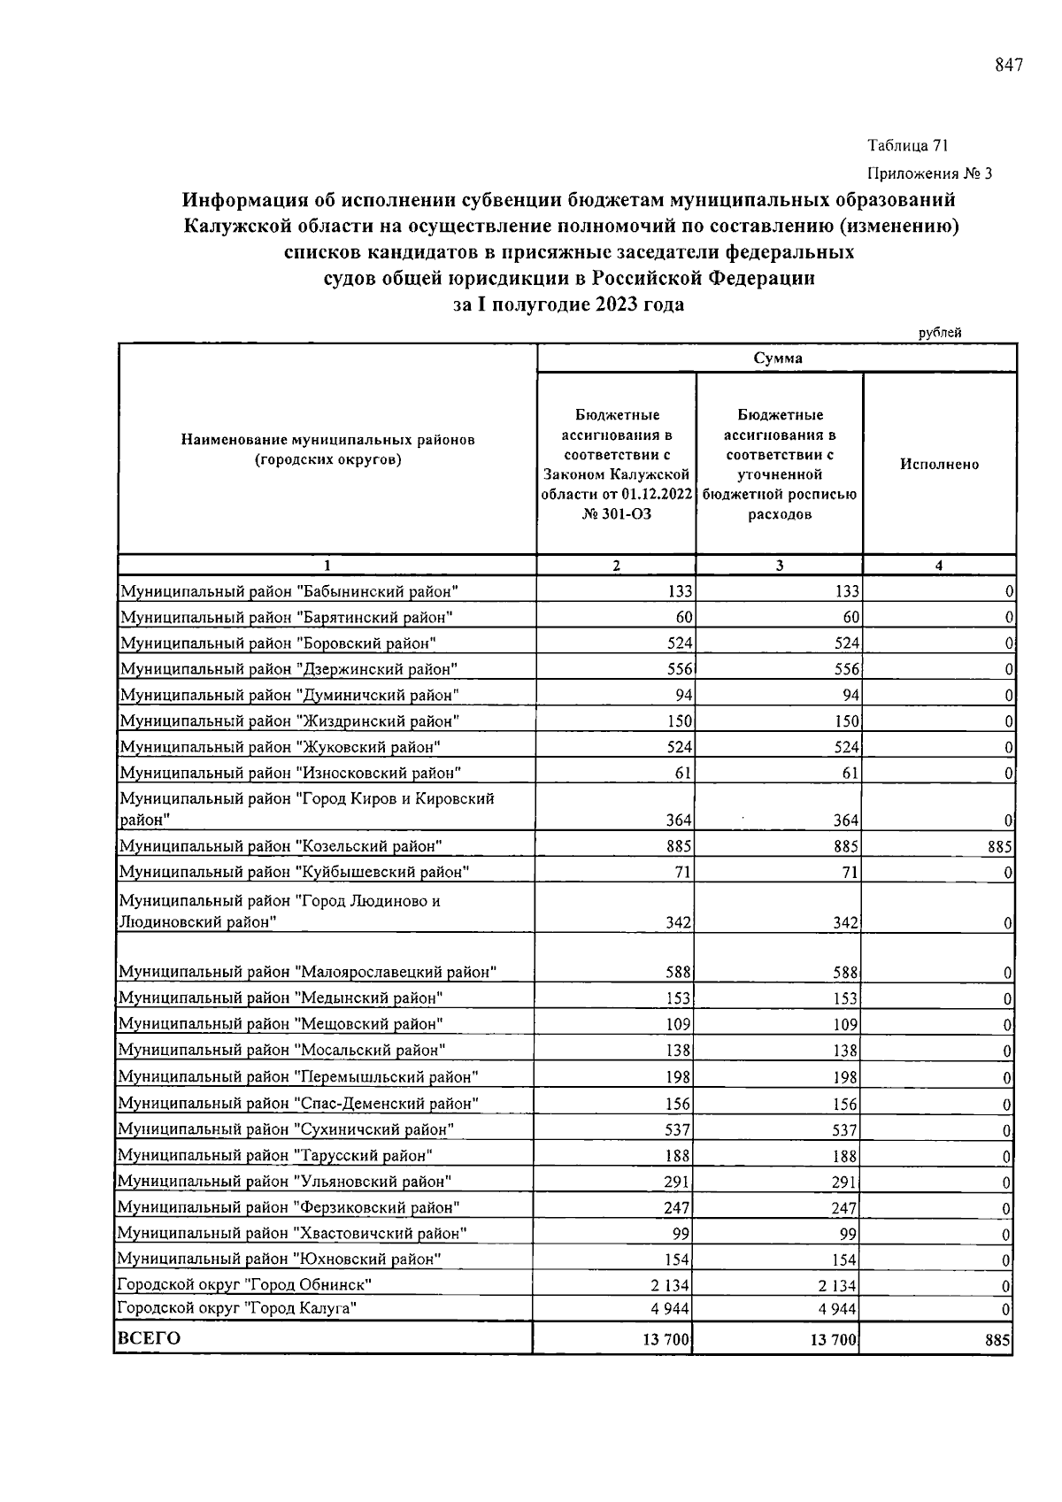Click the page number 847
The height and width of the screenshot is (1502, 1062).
1008,65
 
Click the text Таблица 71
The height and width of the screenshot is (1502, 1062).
908,145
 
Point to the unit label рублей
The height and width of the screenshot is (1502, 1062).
939,333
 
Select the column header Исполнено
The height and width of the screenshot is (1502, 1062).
939,464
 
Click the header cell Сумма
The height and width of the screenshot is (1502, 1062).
777,358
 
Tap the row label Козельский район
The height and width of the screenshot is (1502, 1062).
280,846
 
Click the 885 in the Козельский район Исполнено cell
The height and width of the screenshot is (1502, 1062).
1000,847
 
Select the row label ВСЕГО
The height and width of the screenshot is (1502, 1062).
149,1338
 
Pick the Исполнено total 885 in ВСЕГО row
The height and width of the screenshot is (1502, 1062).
997,1341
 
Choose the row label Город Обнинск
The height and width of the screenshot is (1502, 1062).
243,1284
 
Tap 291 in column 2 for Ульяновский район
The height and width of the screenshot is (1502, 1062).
678,1182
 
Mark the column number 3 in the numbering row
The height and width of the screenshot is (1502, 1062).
779,566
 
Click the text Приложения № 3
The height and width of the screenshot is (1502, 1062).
929,173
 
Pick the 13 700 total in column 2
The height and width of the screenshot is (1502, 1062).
666,1341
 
